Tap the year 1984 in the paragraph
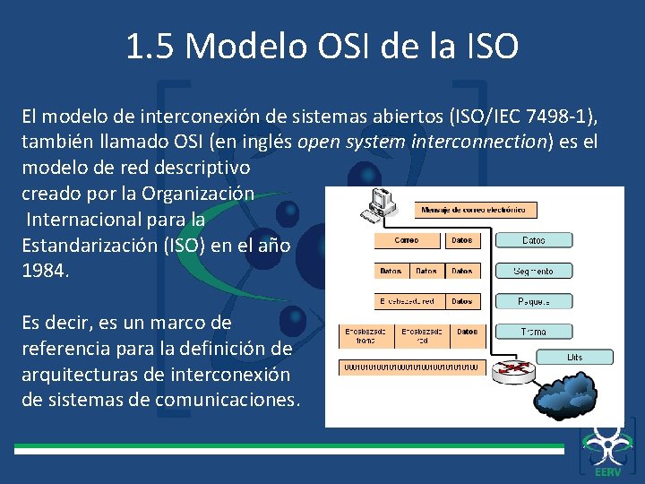pyautogui.click(x=44, y=270)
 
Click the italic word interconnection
pyautogui.click(x=478, y=143)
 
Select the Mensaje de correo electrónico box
pyautogui.click(x=476, y=211)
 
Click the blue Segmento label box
pyautogui.click(x=534, y=271)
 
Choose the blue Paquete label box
pyautogui.click(x=534, y=301)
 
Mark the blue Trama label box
pyautogui.click(x=534, y=332)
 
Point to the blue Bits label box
pyautogui.click(x=574, y=357)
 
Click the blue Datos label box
pyautogui.click(x=534, y=240)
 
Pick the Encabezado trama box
pyautogui.click(x=365, y=335)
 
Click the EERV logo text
pyautogui.click(x=606, y=471)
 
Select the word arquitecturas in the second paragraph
pyautogui.click(x=79, y=374)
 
